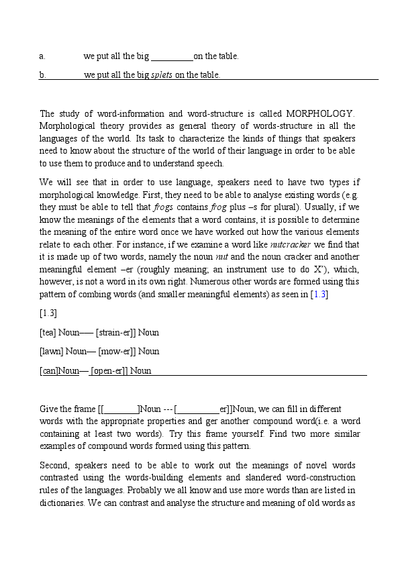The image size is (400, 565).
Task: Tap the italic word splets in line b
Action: click(162, 75)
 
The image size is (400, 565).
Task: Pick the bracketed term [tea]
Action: click(48, 332)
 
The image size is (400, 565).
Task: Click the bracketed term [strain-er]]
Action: click(115, 332)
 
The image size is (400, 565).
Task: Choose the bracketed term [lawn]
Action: click(51, 351)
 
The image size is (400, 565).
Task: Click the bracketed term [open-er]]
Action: click(109, 370)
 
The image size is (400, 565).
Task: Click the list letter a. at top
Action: click(42, 56)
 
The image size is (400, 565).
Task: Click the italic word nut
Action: click(222, 257)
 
